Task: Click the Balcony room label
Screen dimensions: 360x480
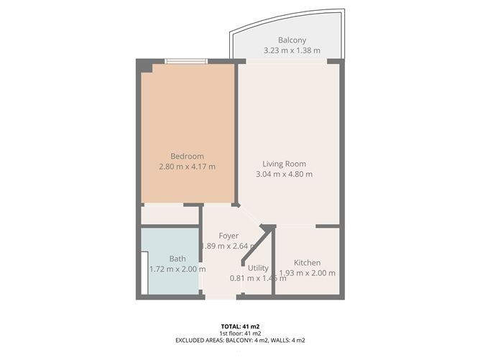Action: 292,40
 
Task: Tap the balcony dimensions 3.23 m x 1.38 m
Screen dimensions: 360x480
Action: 292,51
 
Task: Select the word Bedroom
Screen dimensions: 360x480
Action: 187,156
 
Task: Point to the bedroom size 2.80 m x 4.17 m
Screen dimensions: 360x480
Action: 187,167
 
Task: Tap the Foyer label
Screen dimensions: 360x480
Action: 229,236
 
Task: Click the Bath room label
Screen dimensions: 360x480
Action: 177,259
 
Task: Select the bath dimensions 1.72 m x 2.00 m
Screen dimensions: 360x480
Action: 177,269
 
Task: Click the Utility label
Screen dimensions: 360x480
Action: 258,268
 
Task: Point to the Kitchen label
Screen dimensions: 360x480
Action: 307,263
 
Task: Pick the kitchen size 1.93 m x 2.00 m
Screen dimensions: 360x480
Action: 307,273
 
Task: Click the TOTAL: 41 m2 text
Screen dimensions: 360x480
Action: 240,326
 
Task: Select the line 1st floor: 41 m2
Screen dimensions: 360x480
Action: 240,333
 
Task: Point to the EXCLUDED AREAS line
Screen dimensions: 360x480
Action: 240,341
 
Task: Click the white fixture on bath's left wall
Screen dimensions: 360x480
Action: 144,272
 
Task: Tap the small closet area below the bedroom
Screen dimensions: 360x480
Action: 170,215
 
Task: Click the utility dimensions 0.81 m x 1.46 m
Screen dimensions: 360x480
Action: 258,279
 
